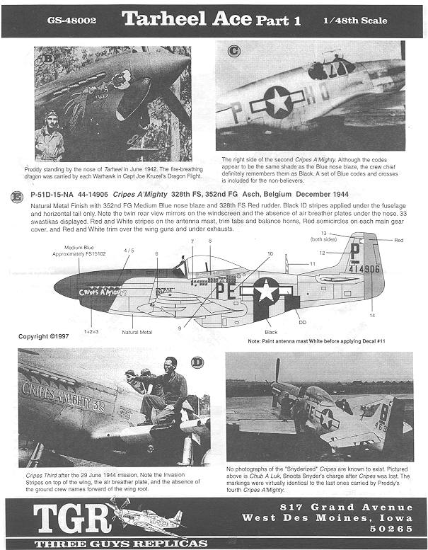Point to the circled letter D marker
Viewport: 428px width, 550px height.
(196, 362)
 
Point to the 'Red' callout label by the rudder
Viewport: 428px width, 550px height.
(398, 241)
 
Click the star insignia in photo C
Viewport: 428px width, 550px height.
(278, 104)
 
